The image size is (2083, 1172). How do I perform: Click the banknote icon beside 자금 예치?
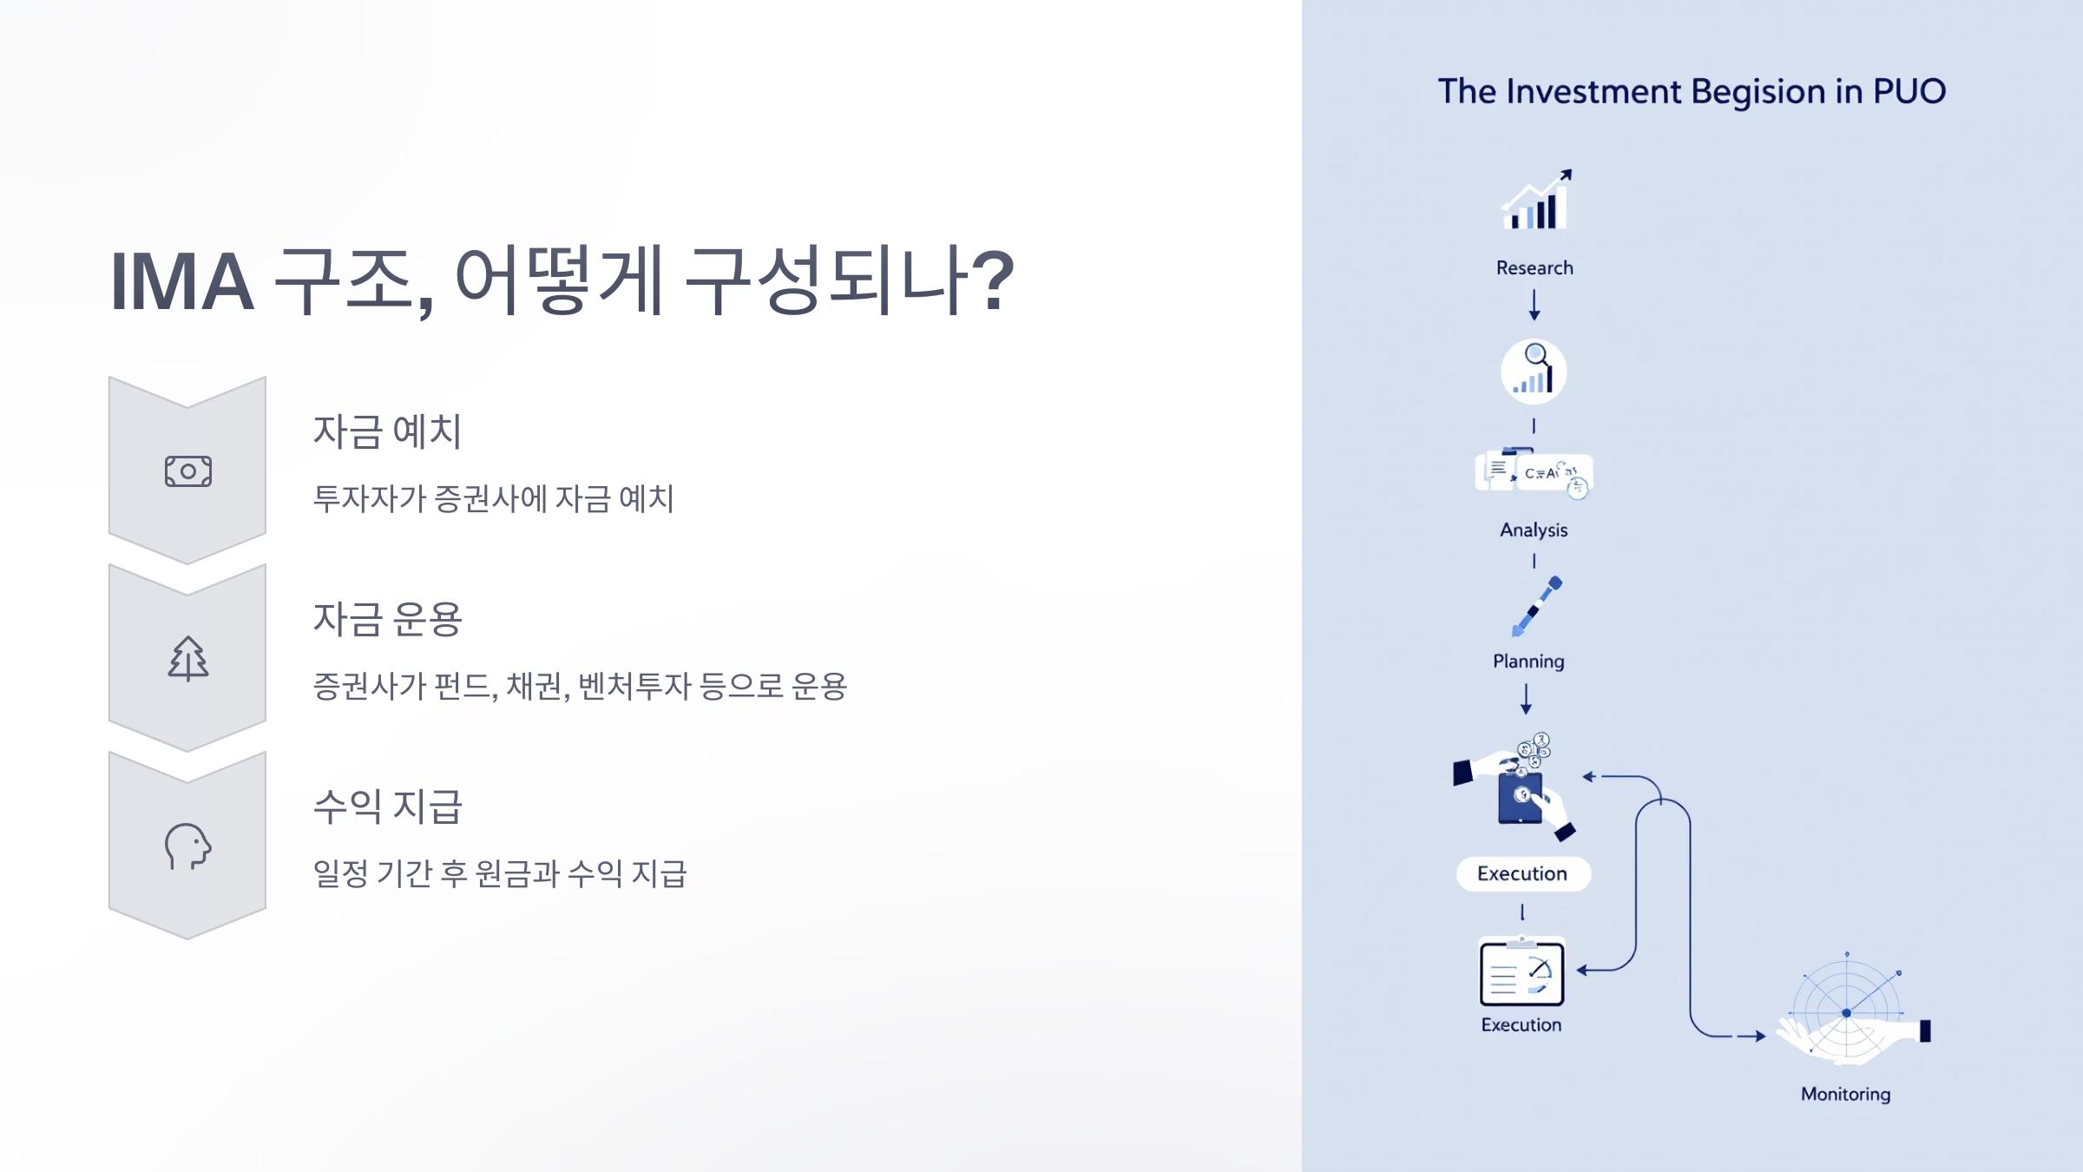coord(188,471)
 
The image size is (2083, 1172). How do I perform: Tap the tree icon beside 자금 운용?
coord(188,658)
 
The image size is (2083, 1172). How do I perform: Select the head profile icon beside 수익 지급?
coord(188,846)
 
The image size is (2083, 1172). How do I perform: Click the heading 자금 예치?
coord(387,431)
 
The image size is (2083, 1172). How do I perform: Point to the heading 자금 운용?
coord(387,619)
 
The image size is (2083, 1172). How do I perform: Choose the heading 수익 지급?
coord(387,807)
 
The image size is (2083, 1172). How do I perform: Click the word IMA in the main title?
coord(182,281)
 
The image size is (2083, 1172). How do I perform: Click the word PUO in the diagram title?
coord(1909,91)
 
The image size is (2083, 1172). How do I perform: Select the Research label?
coord(1534,268)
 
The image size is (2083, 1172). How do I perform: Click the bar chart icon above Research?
coord(1535,201)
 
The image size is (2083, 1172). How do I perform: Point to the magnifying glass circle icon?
coord(1534,372)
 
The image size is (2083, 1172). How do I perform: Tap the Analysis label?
coord(1534,530)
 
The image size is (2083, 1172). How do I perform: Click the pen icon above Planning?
coord(1536,606)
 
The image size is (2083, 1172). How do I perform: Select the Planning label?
coord(1528,662)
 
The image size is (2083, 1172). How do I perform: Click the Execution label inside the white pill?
coord(1522,874)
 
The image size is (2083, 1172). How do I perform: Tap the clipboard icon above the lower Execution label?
coord(1521,972)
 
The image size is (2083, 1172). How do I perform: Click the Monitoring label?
coord(1845,1095)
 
